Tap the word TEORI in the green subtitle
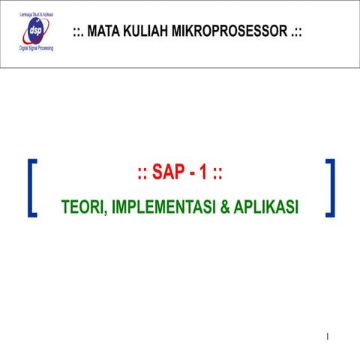point(82,205)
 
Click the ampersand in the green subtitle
point(226,205)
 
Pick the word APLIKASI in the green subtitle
point(266,205)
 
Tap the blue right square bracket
point(331,187)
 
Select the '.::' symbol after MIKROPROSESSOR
point(296,31)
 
